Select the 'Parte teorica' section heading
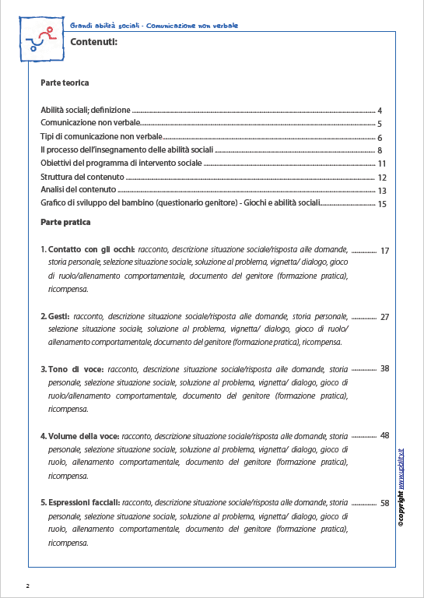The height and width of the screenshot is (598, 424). pyautogui.click(x=65, y=83)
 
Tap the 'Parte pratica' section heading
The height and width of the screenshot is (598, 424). pyautogui.click(x=65, y=222)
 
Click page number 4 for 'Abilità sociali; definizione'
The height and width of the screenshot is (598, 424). pyautogui.click(x=379, y=111)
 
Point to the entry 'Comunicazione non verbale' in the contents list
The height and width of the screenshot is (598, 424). pyautogui.click(x=90, y=124)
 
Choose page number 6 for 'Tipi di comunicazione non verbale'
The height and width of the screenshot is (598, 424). pyautogui.click(x=379, y=138)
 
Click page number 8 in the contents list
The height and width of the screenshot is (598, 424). pyautogui.click(x=379, y=150)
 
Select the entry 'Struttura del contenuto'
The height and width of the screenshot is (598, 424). pyautogui.click(x=82, y=177)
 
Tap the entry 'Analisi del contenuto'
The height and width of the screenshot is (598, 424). pyautogui.click(x=79, y=190)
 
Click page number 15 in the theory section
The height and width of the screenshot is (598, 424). pyautogui.click(x=381, y=204)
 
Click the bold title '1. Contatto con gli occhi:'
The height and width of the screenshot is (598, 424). pyautogui.click(x=87, y=250)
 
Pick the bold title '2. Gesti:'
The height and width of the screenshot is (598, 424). pyautogui.click(x=54, y=317)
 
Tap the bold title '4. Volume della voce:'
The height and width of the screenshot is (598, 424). pyautogui.click(x=79, y=436)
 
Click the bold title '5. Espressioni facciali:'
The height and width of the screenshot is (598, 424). pyautogui.click(x=80, y=503)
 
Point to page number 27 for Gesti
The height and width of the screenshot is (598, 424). pyautogui.click(x=384, y=318)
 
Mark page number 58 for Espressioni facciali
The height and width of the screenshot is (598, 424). pyautogui.click(x=384, y=504)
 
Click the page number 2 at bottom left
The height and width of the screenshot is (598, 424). pyautogui.click(x=27, y=584)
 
